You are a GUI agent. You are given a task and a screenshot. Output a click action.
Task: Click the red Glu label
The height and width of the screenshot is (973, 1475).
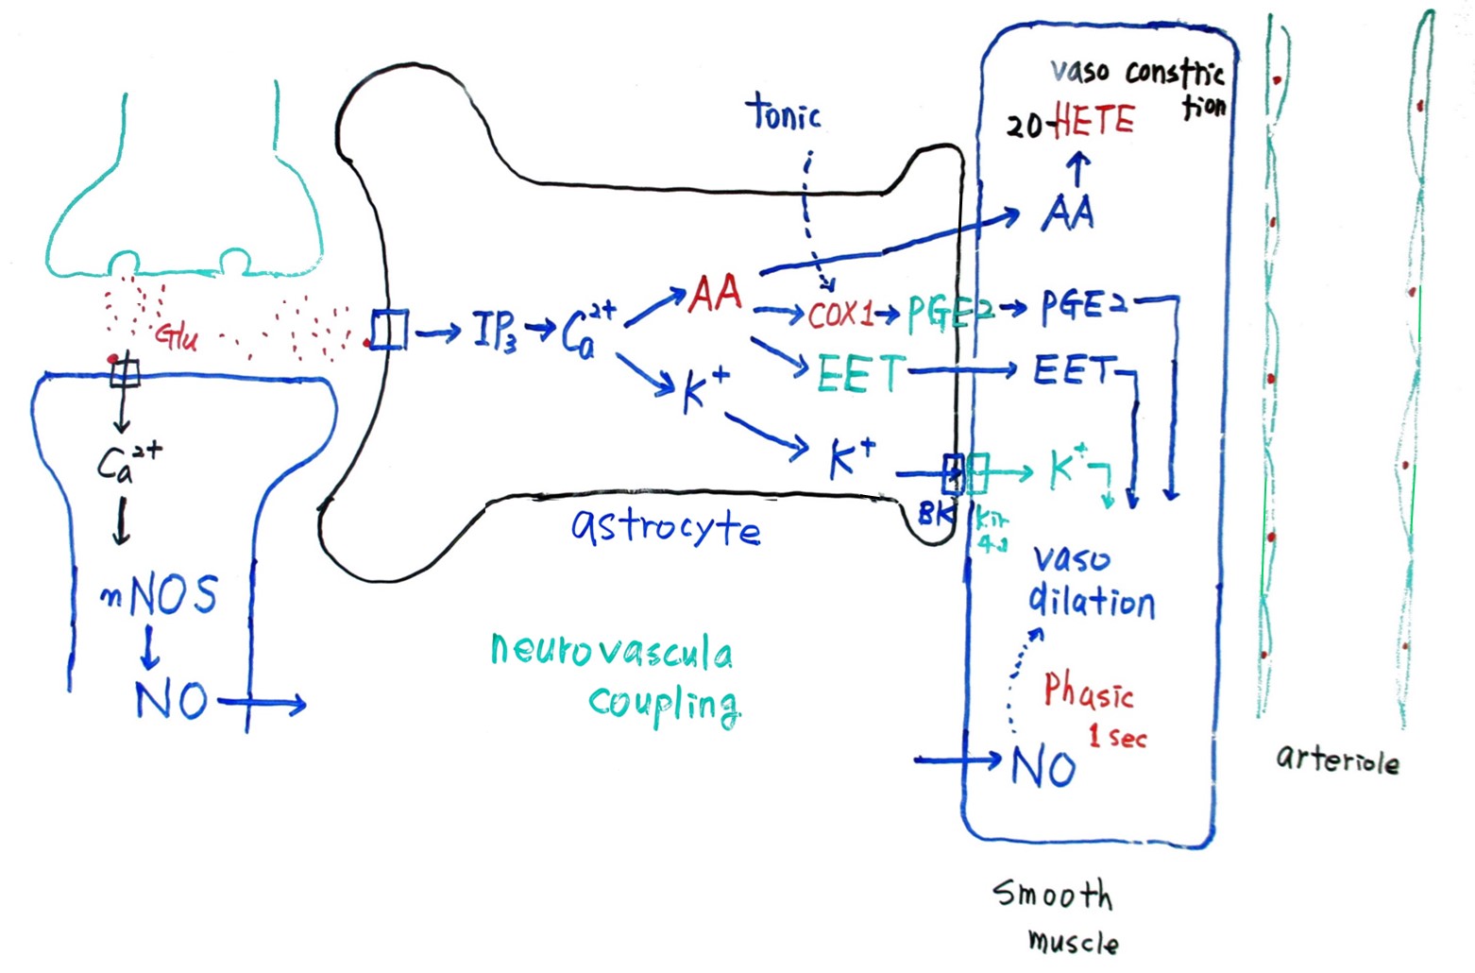click(x=177, y=336)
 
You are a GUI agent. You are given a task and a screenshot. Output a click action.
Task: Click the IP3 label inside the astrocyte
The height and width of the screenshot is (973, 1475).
click(x=494, y=331)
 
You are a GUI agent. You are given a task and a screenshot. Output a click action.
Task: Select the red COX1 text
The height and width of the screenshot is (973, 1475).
click(x=840, y=315)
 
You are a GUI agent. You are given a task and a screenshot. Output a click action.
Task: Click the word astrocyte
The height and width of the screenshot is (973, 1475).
click(x=665, y=526)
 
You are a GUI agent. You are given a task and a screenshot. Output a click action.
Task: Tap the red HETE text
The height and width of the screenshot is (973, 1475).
click(x=1093, y=120)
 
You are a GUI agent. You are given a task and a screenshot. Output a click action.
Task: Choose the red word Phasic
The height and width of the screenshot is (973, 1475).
click(x=1088, y=691)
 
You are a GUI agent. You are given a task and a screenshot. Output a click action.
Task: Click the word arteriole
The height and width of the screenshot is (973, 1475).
click(x=1337, y=759)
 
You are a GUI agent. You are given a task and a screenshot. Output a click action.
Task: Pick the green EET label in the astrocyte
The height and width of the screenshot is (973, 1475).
click(x=860, y=373)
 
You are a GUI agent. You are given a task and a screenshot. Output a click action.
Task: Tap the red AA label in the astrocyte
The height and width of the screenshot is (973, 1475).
click(x=715, y=295)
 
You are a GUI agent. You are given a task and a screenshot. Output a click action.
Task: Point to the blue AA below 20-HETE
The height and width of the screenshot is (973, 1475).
click(x=1068, y=213)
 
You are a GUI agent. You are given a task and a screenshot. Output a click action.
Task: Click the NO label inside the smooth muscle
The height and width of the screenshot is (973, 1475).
click(x=1043, y=767)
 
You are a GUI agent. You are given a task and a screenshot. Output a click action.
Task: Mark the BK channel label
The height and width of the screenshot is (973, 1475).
click(x=935, y=514)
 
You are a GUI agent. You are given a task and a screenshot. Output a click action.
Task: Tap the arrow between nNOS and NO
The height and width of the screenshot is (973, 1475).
click(x=149, y=648)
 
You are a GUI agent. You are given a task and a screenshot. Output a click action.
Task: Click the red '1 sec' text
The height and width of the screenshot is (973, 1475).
click(x=1117, y=737)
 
